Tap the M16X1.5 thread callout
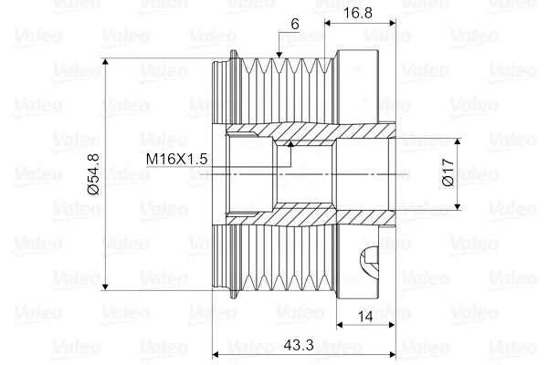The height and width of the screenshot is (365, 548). click(x=178, y=159)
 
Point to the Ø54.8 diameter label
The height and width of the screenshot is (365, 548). click(x=92, y=174)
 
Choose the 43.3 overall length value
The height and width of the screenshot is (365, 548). click(x=292, y=345)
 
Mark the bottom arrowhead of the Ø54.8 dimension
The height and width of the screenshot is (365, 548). click(x=107, y=286)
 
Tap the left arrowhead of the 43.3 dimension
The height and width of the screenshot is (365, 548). click(x=216, y=354)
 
